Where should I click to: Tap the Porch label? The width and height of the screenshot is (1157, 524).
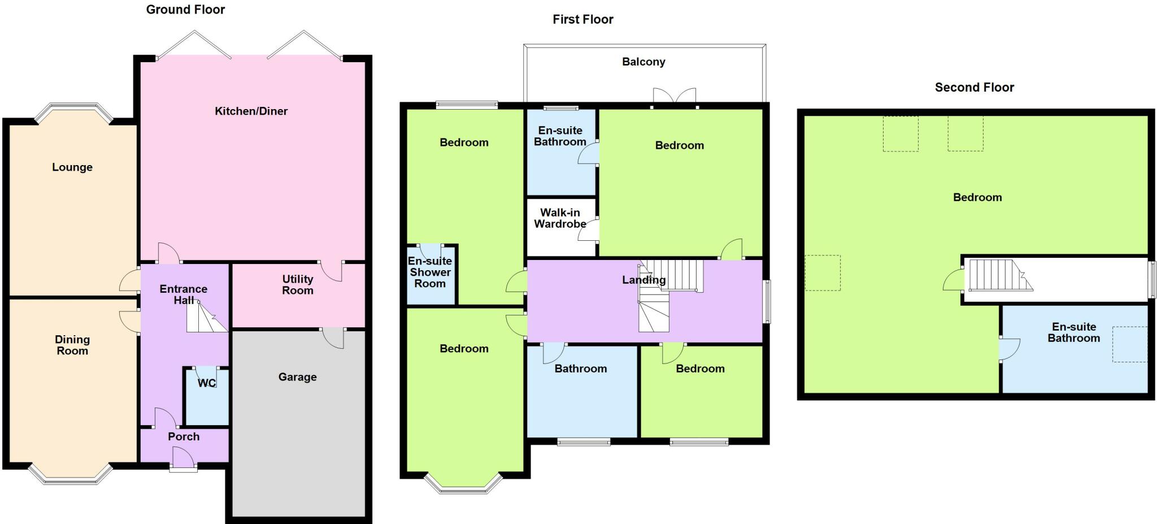point(184,436)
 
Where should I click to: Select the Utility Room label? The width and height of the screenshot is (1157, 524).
point(298,284)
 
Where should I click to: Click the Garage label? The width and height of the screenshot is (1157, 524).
point(297,377)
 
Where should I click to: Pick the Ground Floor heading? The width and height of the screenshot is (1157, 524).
point(185,10)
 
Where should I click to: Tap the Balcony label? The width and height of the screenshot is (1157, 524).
point(643,62)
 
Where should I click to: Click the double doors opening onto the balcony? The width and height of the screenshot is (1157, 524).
point(674,97)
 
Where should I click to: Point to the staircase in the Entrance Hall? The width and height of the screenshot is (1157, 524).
point(206,317)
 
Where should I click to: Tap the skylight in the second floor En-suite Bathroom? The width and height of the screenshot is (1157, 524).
point(1130,344)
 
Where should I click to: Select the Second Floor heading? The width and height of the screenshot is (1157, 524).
point(974,87)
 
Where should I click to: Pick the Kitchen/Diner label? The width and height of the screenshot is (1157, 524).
point(251,111)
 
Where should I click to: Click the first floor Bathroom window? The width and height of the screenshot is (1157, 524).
point(584,442)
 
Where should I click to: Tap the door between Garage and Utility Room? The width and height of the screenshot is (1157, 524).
point(334,337)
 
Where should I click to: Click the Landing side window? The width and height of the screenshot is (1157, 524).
point(767,301)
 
